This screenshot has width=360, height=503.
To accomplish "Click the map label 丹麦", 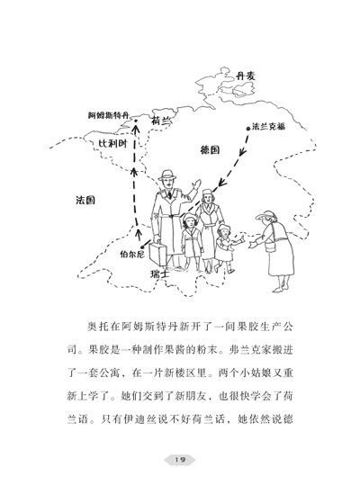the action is [245, 76].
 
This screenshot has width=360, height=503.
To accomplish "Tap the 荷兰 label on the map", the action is [160, 121].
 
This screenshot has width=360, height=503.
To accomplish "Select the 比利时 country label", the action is [112, 144].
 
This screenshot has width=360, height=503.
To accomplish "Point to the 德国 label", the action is [211, 149].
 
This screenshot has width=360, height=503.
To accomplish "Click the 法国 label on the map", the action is [85, 200].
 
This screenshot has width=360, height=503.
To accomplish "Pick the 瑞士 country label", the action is [160, 274].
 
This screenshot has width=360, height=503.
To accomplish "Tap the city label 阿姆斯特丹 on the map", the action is [108, 115].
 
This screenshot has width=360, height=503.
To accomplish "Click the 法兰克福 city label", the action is [268, 126].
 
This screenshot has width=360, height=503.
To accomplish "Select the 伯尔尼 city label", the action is [132, 255].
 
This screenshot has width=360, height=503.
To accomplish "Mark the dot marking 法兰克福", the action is [247, 129].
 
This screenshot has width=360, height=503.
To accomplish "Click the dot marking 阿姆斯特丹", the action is [136, 121].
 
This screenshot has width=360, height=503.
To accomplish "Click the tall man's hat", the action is [167, 175].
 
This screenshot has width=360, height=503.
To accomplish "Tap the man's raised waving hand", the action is [195, 185].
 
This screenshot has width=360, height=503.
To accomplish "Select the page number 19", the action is [180, 460].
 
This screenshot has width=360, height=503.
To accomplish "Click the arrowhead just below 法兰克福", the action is [243, 151].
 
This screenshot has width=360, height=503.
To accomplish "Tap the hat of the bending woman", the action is [266, 215].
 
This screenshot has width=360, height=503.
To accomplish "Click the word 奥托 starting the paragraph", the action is [97, 327].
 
